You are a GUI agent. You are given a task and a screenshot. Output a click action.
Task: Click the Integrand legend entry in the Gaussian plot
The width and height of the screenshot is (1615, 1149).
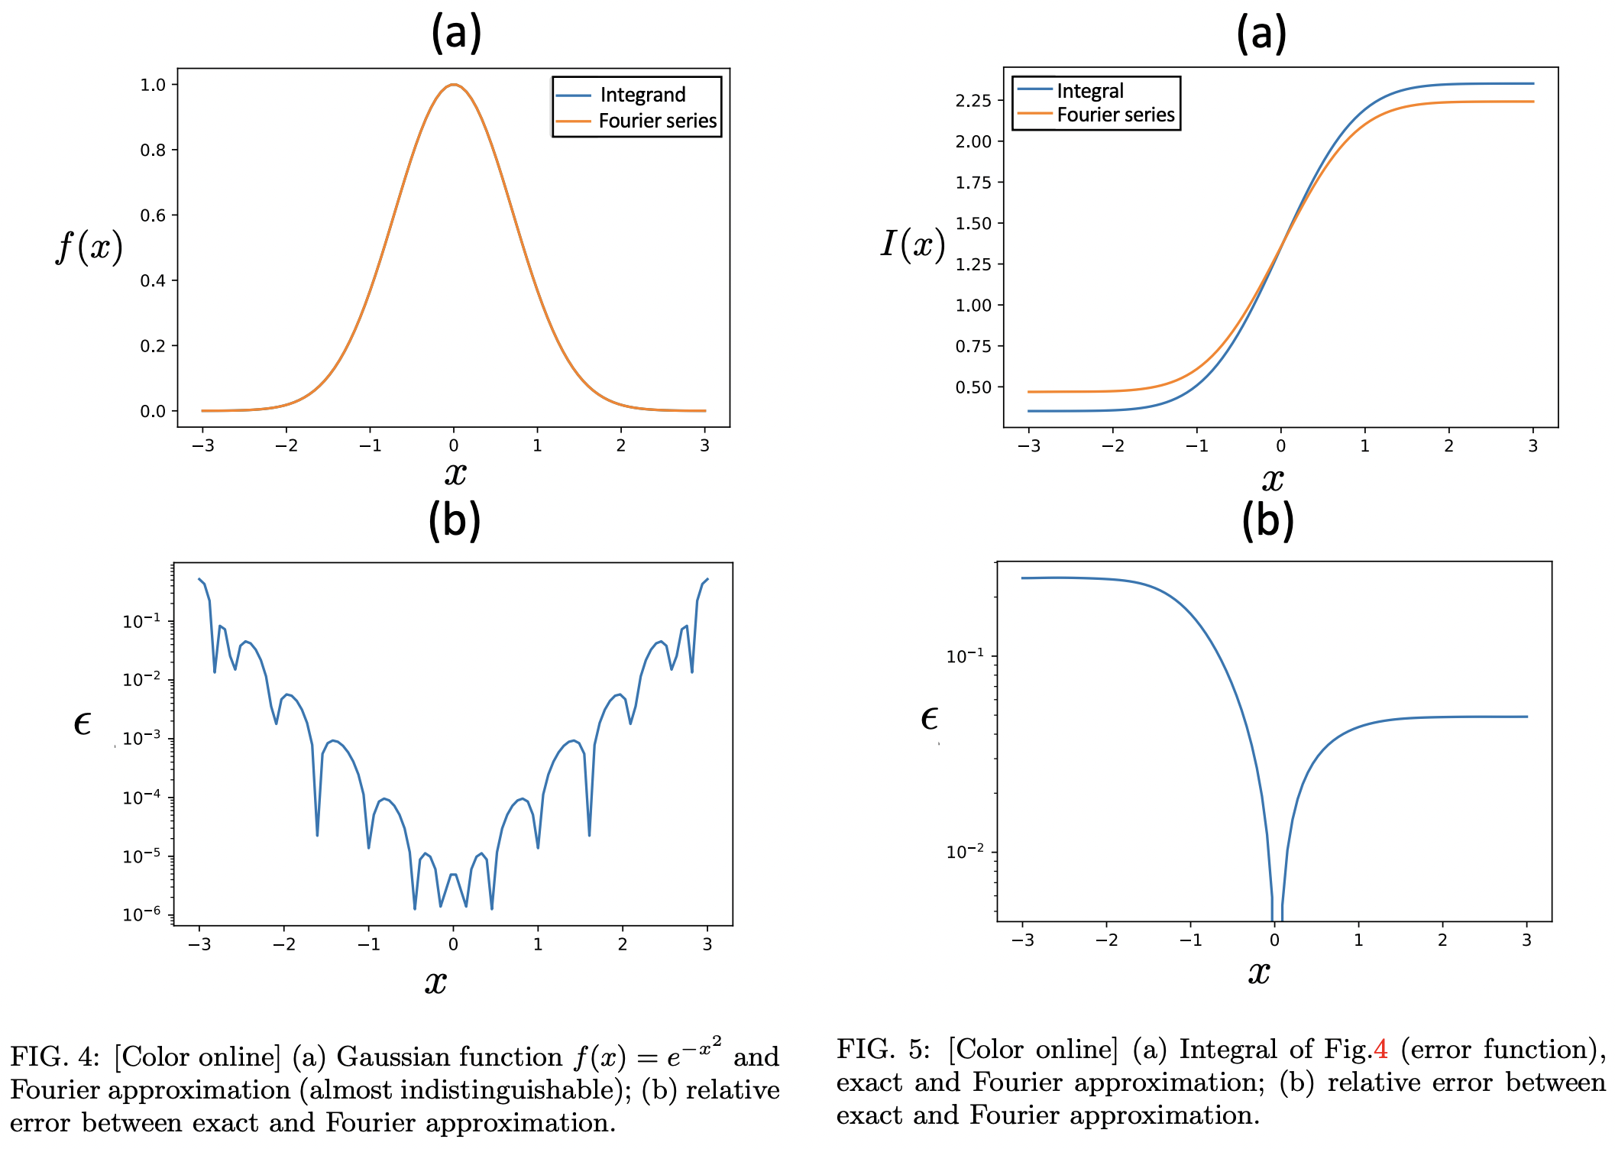[642, 95]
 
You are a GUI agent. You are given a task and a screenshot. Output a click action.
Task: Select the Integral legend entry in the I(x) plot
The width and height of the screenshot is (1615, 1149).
[1089, 91]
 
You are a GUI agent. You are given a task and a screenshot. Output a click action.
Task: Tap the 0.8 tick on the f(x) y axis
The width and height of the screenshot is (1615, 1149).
[153, 150]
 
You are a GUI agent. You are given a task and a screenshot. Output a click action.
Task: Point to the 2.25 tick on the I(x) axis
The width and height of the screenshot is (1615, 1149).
[973, 101]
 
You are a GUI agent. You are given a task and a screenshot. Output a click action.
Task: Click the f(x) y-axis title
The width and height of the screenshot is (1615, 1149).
[89, 247]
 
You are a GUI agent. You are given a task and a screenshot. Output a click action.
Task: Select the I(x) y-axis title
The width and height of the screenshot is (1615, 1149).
[912, 244]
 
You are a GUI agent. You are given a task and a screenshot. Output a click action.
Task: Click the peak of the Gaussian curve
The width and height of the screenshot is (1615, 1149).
[454, 85]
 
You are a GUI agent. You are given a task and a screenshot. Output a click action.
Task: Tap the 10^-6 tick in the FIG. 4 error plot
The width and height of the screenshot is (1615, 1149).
[142, 914]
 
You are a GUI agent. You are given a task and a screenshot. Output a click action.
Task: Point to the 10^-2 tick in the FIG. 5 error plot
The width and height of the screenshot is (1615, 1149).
[966, 851]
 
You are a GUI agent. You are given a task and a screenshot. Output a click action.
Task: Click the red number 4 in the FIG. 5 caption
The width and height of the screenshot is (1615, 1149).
[1380, 1049]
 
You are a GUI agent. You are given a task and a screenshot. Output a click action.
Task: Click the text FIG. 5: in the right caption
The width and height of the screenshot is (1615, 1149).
[882, 1049]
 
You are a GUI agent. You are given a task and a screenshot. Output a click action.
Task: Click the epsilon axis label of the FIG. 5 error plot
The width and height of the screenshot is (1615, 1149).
[928, 718]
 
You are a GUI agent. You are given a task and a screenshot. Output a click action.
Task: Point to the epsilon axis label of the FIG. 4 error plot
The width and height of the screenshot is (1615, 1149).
[82, 723]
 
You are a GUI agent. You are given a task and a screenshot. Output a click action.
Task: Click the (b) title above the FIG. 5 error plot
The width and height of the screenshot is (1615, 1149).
[1267, 520]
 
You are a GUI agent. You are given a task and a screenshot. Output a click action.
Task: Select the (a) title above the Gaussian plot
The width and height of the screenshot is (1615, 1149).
[456, 33]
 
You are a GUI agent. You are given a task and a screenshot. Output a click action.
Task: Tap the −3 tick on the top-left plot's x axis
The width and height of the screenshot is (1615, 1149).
[202, 445]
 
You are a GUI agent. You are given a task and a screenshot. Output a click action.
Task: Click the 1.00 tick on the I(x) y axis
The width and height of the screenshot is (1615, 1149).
[973, 306]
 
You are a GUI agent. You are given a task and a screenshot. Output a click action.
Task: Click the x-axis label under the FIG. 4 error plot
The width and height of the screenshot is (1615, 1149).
[435, 981]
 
